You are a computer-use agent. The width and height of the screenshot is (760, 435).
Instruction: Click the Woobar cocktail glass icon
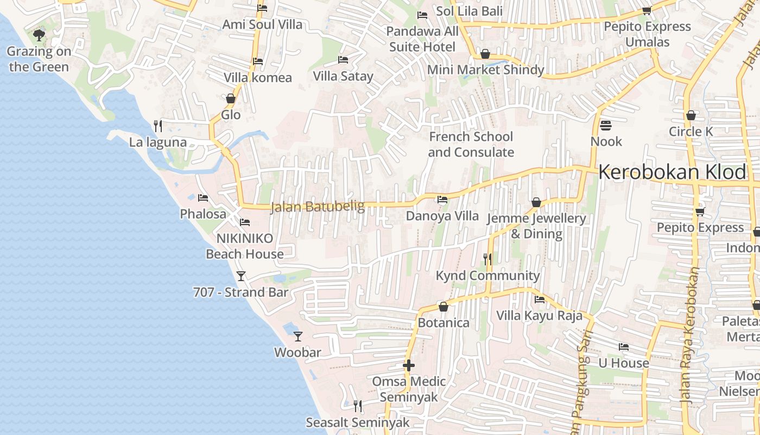coord(297,336)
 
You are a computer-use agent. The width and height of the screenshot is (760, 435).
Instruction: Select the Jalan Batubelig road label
coord(310,207)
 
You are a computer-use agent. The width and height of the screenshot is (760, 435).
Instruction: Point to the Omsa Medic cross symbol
coord(409,365)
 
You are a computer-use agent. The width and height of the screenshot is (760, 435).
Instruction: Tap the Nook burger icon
coord(606,126)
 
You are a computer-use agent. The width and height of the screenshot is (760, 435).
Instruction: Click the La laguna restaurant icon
coord(158,126)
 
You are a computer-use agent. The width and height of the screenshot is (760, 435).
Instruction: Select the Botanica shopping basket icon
coord(444,307)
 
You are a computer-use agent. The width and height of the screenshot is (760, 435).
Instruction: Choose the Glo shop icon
coord(231,98)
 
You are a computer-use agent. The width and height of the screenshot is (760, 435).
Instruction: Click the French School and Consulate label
coord(471,145)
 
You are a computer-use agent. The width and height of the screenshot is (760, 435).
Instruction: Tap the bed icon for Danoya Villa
coord(442,200)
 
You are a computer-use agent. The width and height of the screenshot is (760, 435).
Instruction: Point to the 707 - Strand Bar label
coord(240,292)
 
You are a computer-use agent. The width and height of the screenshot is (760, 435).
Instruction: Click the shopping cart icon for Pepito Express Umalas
coord(647,10)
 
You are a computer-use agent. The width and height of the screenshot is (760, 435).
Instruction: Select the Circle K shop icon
coord(691,115)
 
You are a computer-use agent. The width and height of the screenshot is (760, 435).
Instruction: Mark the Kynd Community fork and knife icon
coord(487,259)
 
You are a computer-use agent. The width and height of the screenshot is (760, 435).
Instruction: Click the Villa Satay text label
coord(343,76)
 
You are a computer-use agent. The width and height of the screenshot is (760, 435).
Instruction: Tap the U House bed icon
coord(624,347)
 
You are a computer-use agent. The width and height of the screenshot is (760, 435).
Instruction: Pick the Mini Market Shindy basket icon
coord(485,54)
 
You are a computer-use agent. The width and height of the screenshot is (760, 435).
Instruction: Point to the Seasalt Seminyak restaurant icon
coord(357,406)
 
